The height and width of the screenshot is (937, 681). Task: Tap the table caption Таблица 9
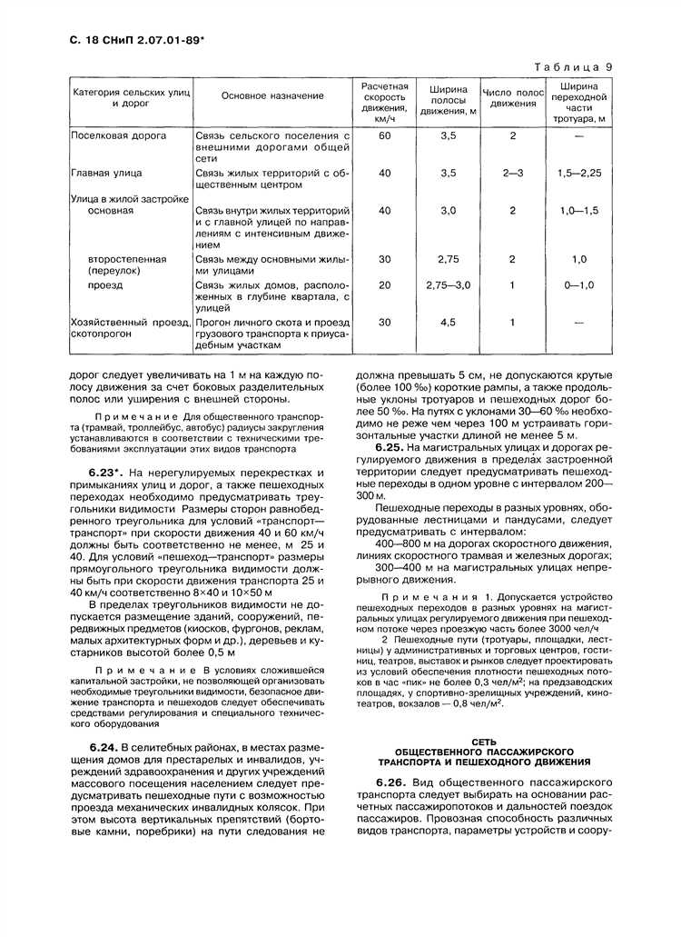click(x=573, y=66)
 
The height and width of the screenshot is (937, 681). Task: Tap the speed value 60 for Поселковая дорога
click(x=384, y=135)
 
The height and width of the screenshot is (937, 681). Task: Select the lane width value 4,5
click(x=448, y=322)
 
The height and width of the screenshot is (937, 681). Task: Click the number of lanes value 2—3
click(x=512, y=172)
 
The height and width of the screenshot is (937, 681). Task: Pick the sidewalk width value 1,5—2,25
click(x=578, y=172)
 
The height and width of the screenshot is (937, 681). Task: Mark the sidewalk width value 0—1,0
click(x=578, y=284)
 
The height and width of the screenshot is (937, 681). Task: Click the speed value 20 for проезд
click(x=384, y=284)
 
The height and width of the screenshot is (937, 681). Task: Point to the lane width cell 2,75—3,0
click(x=448, y=284)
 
